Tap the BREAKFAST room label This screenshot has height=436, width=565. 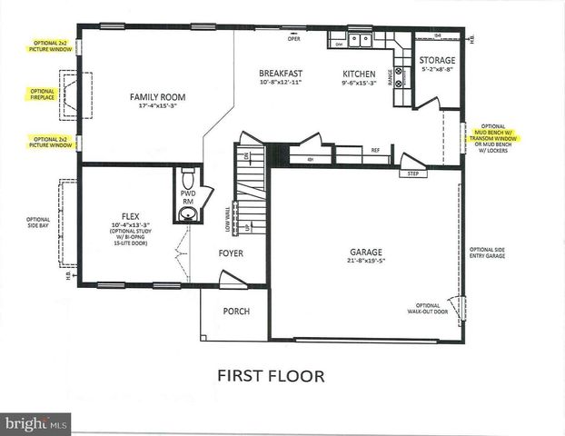click(x=280, y=74)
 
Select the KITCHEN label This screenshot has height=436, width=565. click(x=359, y=74)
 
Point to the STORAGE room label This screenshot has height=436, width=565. click(x=437, y=61)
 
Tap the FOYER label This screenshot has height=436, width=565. click(x=232, y=253)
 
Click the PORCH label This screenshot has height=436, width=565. click(x=236, y=312)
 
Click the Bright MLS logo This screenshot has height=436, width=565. click(x=36, y=423)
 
